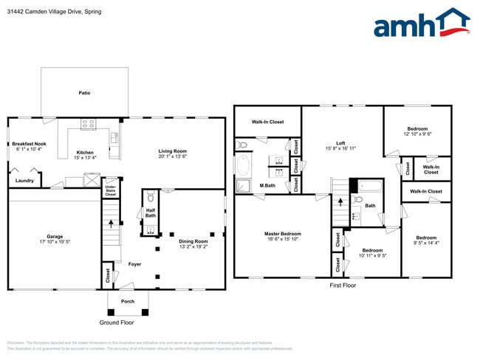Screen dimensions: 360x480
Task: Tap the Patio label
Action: tap(85, 94)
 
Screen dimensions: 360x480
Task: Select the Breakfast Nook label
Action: tap(30, 146)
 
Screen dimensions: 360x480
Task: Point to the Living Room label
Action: tap(174, 152)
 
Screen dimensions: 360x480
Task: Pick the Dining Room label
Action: tap(193, 243)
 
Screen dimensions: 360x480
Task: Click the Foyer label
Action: tap(134, 264)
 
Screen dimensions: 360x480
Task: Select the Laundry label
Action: tap(24, 181)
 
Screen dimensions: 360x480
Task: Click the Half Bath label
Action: tap(150, 213)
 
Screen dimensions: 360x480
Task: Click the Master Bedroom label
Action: tap(283, 235)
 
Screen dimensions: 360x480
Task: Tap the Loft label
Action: tap(340, 145)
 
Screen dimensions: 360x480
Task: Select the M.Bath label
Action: tap(267, 185)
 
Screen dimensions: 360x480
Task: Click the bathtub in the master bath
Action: tap(244, 164)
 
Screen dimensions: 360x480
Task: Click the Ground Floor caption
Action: tap(116, 322)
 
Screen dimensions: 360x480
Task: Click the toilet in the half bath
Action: tap(150, 197)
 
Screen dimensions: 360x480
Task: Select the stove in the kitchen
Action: tap(89, 124)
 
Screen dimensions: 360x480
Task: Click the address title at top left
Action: tap(55, 12)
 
